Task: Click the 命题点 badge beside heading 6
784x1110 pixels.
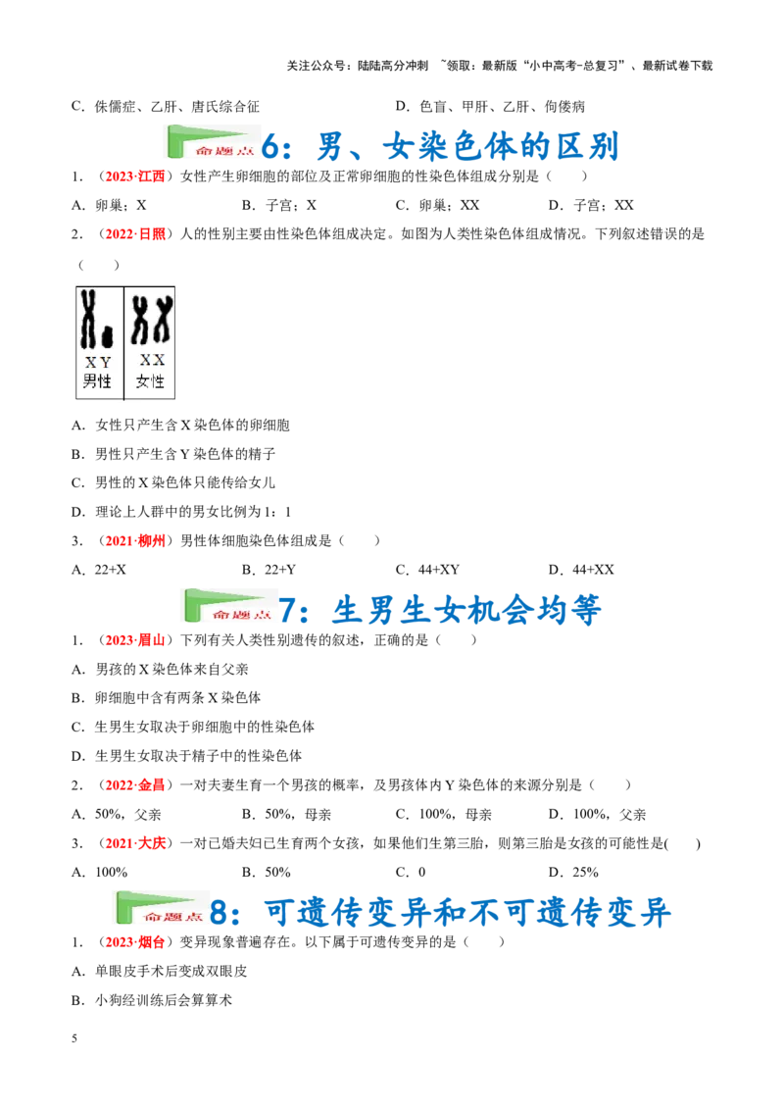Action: point(212,141)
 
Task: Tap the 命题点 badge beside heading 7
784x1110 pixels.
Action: point(227,604)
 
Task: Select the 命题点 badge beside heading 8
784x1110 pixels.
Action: point(161,906)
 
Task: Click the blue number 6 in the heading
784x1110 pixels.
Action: point(277,148)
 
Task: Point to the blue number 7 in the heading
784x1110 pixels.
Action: point(292,610)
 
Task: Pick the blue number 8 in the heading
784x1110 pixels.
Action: point(224,914)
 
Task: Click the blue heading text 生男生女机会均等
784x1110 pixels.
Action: point(465,609)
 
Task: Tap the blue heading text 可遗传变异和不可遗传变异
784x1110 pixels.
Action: point(467,914)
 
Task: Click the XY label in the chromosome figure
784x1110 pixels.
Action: point(98,362)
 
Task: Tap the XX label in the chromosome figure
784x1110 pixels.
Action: point(152,360)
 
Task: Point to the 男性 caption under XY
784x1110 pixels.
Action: point(98,380)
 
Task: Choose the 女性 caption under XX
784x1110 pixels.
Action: point(151,380)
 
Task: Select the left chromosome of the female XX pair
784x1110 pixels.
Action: point(140,320)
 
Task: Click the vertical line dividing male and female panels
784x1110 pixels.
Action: point(124,343)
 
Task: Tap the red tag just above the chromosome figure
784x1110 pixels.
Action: point(135,234)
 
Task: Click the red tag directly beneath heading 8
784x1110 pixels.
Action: point(135,941)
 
